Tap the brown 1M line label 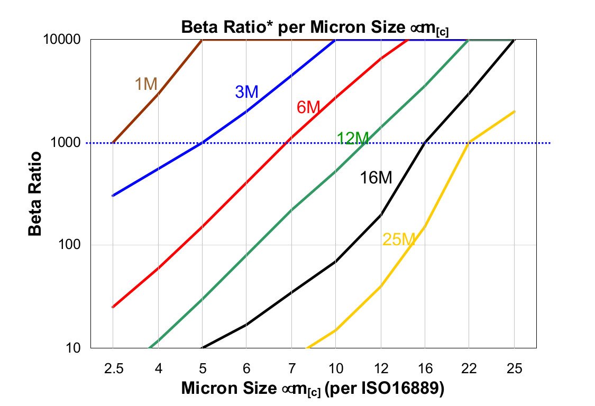(x=146, y=84)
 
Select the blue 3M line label (x=246, y=92)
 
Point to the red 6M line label (x=308, y=107)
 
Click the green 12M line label (x=352, y=139)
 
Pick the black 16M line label (x=376, y=178)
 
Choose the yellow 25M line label (x=398, y=239)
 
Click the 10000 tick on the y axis (x=66, y=40)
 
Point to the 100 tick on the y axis (x=72, y=245)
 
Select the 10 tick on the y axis (x=75, y=348)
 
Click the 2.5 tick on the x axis (x=113, y=368)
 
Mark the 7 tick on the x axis (x=291, y=368)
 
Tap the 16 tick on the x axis (x=425, y=368)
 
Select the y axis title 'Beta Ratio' (x=35, y=194)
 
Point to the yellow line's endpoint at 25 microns (x=514, y=112)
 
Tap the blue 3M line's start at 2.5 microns (x=113, y=196)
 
